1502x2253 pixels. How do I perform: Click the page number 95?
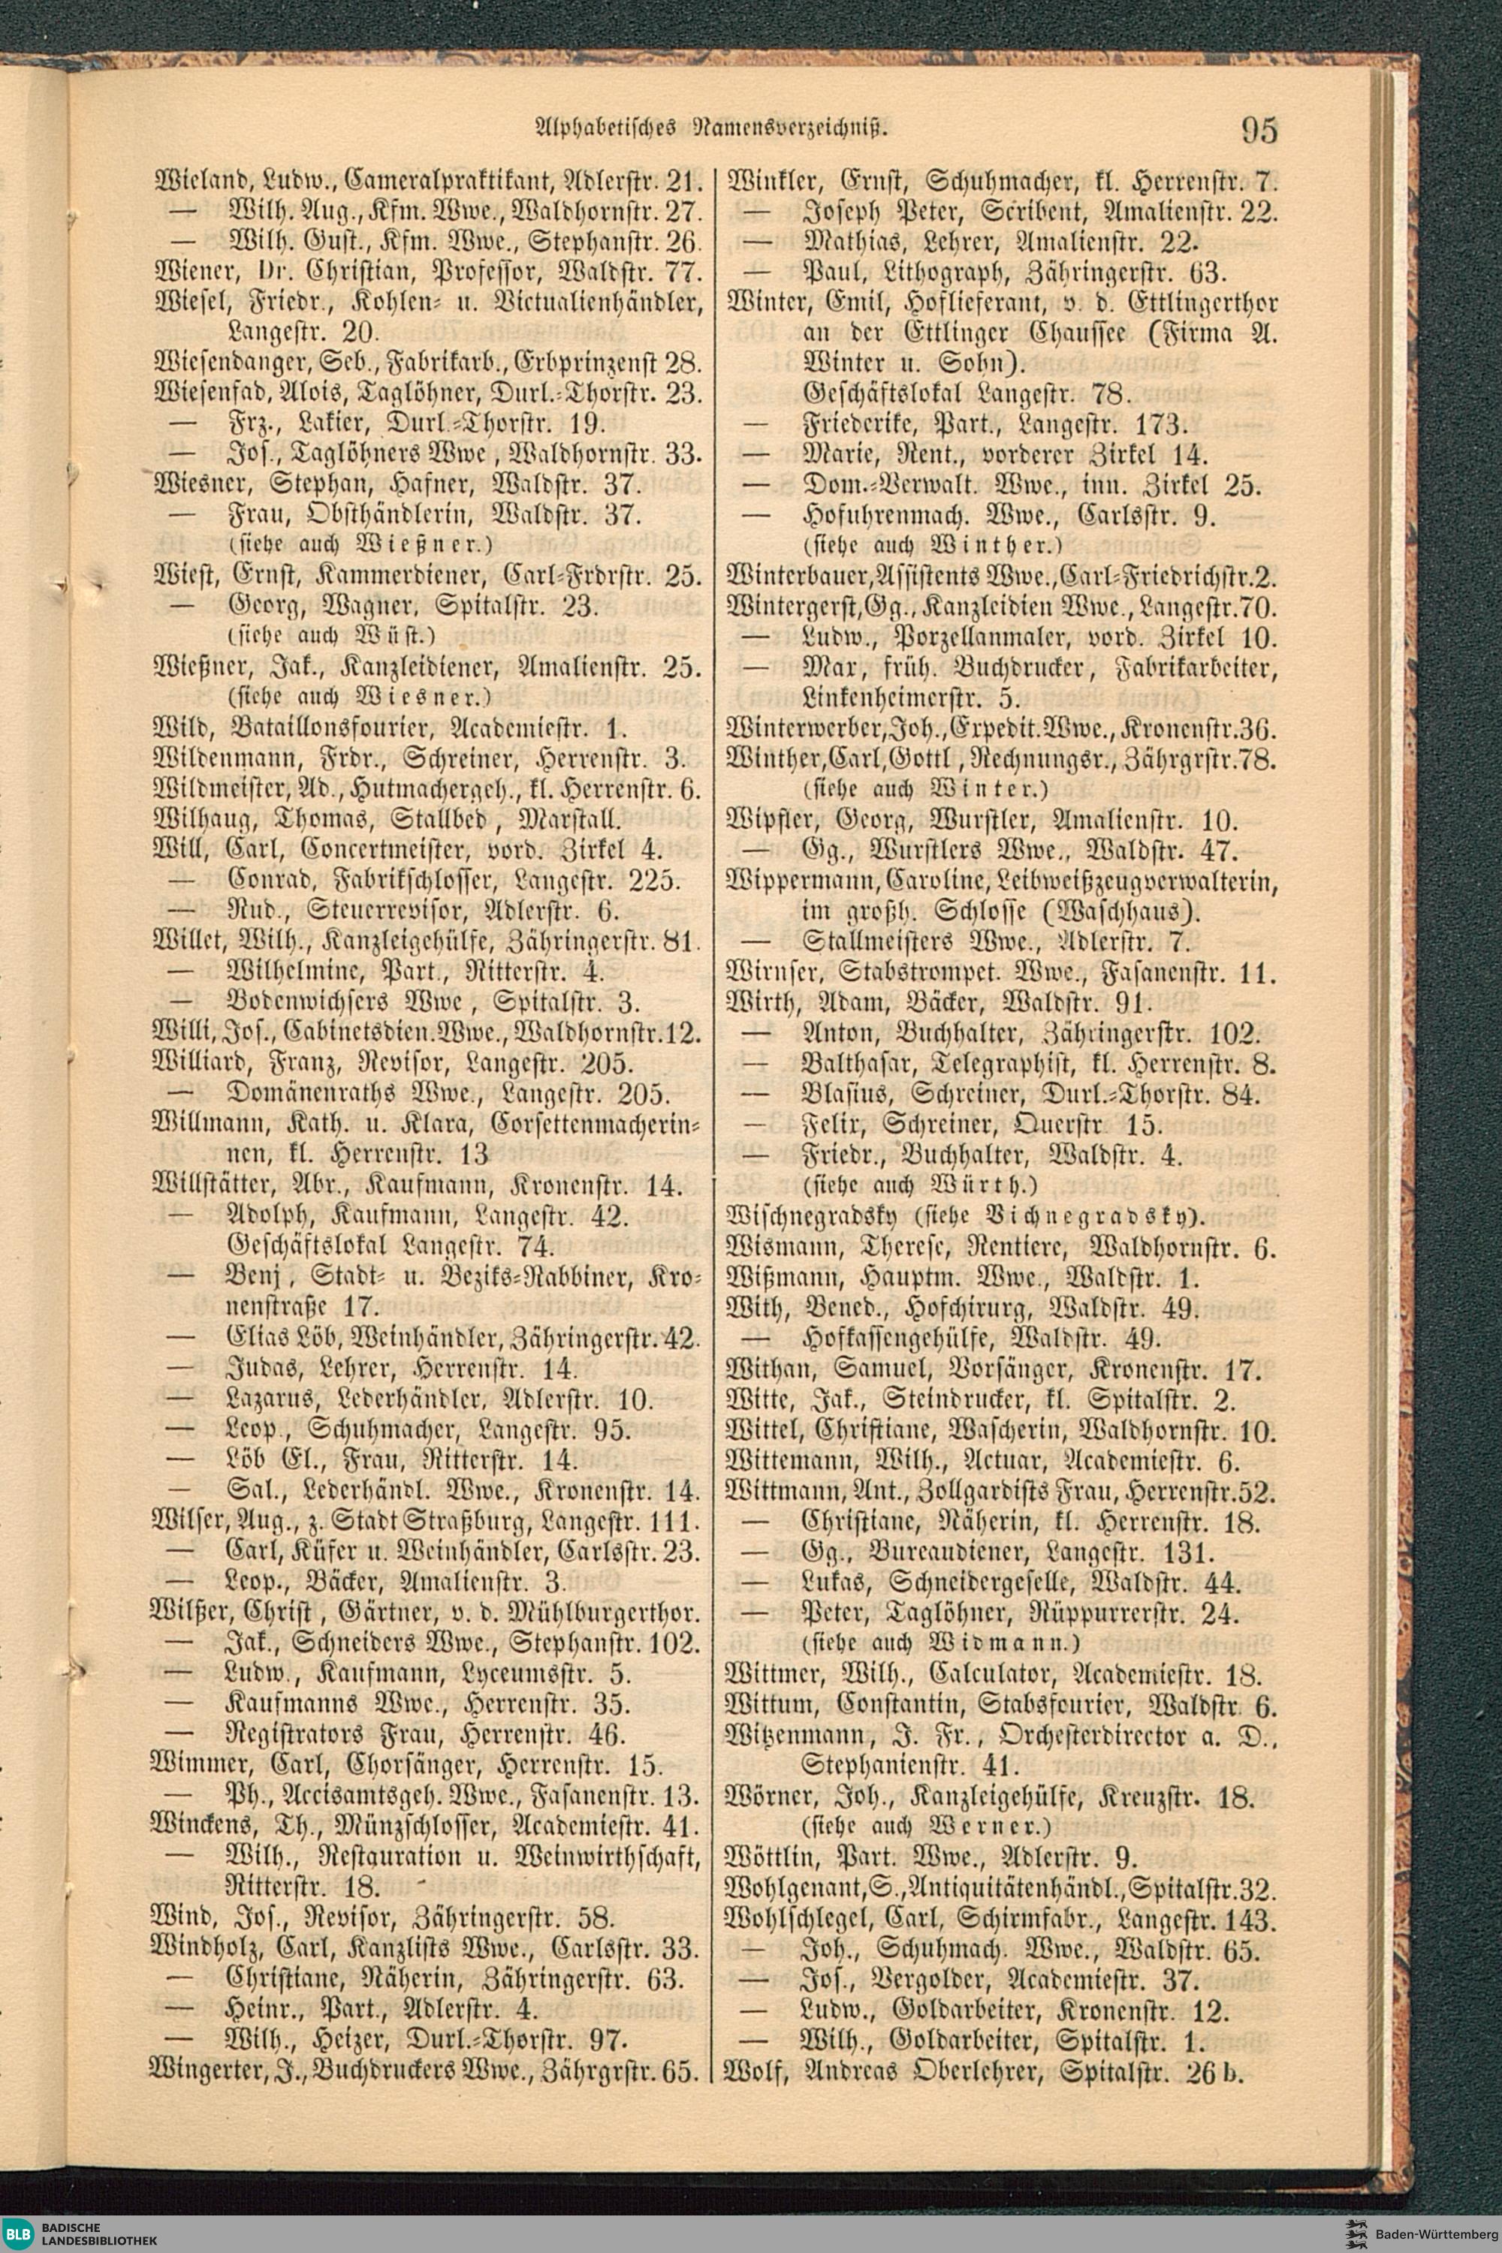1259,129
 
